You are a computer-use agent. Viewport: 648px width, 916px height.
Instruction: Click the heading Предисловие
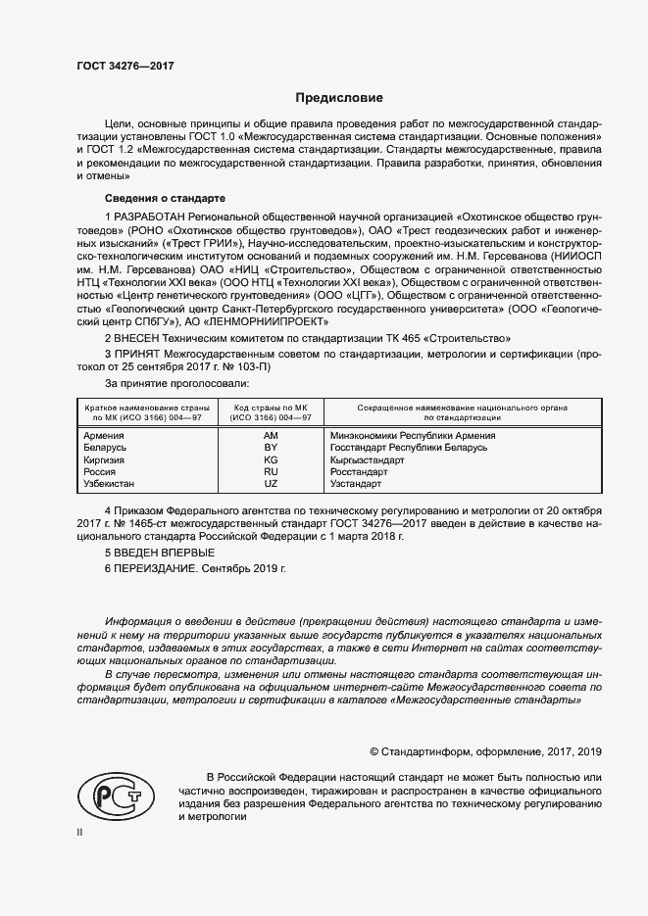tap(339, 98)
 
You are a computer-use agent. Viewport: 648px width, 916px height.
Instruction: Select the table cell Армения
tap(104, 435)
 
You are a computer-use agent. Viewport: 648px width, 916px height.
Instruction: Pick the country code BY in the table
tap(271, 447)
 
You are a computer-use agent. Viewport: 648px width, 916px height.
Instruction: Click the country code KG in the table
tap(271, 459)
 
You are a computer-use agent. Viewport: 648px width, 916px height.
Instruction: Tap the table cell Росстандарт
tap(362, 471)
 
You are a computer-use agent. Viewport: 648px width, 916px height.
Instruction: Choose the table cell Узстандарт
tap(357, 484)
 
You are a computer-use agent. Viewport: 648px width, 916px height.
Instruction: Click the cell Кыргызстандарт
tap(368, 459)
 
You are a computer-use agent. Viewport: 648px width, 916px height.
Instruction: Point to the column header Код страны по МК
tap(271, 406)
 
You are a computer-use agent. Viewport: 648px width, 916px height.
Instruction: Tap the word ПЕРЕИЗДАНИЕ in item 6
tap(156, 568)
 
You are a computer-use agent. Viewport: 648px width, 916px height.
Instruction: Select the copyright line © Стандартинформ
tap(484, 751)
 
